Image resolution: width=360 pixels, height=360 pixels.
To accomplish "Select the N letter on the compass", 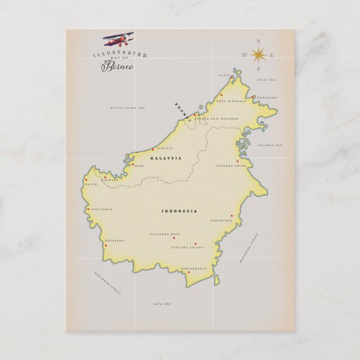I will (x=258, y=41).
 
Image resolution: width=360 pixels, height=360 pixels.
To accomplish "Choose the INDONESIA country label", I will (x=179, y=211).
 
